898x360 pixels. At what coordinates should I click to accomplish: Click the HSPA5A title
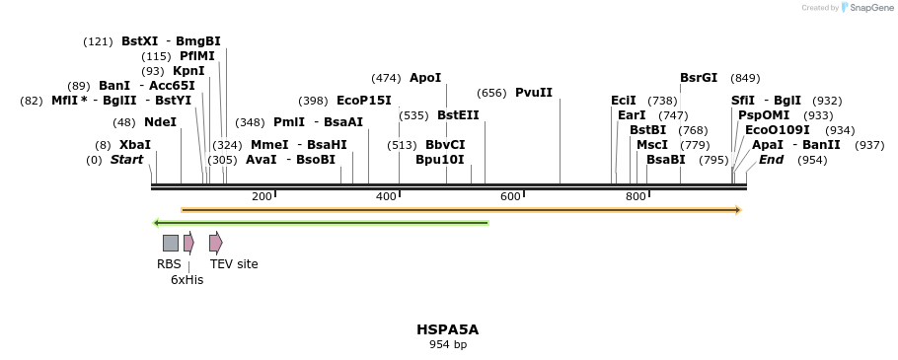point(447,329)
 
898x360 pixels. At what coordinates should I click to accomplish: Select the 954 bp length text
point(447,345)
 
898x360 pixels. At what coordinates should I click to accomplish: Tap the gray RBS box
point(171,243)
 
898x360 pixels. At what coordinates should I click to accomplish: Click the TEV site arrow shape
point(215,243)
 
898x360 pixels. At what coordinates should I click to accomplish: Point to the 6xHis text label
point(187,280)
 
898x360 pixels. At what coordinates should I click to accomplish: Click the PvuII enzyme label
point(534,93)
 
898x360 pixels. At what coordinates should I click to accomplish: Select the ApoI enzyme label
point(425,78)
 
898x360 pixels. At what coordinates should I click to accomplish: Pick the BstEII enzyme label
point(458,115)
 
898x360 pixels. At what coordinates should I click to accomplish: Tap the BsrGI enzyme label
point(699,78)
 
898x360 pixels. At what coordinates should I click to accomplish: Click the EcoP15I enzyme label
point(364,101)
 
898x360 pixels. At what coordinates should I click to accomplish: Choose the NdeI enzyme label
point(160,122)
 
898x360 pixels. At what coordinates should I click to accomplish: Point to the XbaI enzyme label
point(135,145)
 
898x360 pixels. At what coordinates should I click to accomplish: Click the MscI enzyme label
point(652,145)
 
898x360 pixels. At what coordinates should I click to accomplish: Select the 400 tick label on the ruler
point(386,197)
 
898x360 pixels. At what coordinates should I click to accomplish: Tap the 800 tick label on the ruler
point(636,197)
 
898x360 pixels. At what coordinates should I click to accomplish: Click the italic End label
point(772,160)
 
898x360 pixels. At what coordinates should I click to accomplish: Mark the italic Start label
point(126,160)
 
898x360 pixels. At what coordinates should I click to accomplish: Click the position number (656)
point(491,94)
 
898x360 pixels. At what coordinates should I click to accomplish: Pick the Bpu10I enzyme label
point(440,160)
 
